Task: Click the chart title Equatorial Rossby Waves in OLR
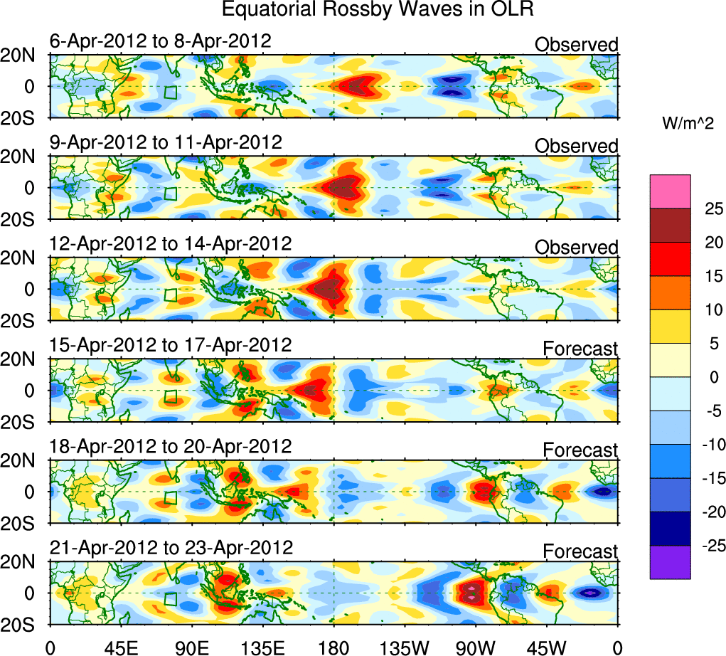click(x=377, y=10)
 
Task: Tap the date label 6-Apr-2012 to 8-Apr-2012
click(x=160, y=41)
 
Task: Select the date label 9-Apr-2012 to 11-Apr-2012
click(x=166, y=142)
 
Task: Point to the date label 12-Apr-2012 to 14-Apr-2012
click(x=171, y=243)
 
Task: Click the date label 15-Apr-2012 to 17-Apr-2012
click(x=171, y=345)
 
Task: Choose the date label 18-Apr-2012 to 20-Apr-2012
click(x=171, y=447)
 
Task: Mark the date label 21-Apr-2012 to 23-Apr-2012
click(x=171, y=549)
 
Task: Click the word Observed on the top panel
click(x=577, y=45)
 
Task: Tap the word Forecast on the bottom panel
click(x=581, y=552)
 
